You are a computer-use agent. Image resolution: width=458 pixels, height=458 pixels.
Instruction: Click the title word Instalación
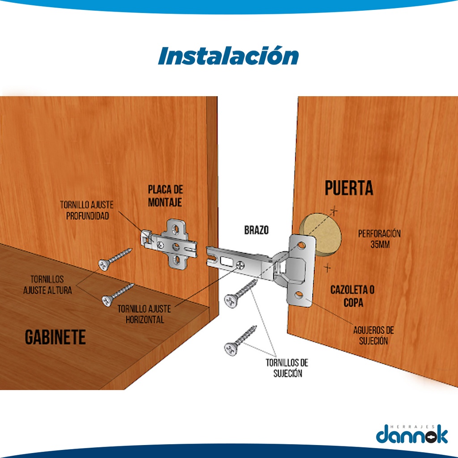[x=228, y=55]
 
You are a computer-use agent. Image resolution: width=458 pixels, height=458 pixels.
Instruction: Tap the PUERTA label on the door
[x=349, y=188]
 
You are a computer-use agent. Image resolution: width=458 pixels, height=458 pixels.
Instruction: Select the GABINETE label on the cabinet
[x=55, y=337]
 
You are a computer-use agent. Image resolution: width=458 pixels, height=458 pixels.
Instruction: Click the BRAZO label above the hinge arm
[x=256, y=230]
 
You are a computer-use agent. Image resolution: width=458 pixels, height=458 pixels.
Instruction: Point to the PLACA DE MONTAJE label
[x=165, y=196]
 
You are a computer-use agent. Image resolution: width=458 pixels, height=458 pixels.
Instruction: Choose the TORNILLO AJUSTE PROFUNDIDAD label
[x=87, y=210]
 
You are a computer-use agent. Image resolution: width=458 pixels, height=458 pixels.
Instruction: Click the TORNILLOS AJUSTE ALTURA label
[x=47, y=284]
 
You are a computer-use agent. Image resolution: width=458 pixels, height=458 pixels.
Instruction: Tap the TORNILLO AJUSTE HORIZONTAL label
[x=144, y=314]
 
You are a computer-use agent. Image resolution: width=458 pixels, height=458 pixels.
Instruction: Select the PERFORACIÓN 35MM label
[x=379, y=239]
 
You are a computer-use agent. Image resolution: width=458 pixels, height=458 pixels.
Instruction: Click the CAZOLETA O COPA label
[x=352, y=296]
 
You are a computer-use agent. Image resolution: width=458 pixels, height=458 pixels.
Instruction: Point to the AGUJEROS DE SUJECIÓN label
[x=373, y=335]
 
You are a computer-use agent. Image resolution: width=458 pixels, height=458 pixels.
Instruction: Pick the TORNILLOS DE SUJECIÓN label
[x=287, y=368]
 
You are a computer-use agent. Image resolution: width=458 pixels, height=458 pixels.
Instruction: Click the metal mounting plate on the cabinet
[x=170, y=244]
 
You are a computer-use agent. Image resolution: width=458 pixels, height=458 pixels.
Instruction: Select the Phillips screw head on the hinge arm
[x=240, y=266]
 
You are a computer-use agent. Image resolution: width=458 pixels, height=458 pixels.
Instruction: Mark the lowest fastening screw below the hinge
[x=240, y=341]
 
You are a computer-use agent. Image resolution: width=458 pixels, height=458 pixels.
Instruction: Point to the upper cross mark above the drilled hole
[x=334, y=211]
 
